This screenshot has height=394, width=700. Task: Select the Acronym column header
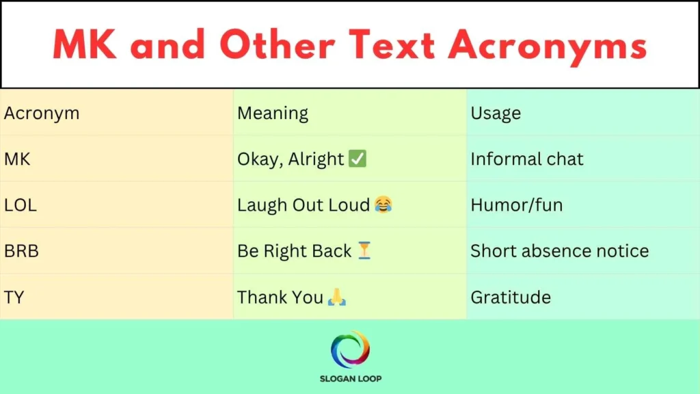coord(42,114)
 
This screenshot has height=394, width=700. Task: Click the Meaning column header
coord(273,114)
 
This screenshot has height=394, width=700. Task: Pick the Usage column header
coord(496,114)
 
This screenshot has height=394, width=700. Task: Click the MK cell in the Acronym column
coord(17,159)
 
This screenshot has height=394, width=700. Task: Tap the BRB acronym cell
coord(21,250)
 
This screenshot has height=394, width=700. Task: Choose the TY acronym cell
coord(14,297)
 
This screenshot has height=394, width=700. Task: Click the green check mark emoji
coord(358,159)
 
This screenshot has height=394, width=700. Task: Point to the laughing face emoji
coord(383,205)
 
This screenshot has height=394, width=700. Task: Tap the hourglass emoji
coord(364,251)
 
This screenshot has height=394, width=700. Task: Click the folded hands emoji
coord(336,298)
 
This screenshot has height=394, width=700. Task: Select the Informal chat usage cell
coord(527,159)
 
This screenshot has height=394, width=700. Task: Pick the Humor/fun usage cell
coord(516,205)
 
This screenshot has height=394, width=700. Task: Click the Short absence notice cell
coord(559,250)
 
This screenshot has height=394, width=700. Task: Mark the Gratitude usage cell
coord(511,297)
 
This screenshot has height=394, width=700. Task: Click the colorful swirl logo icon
coord(350,350)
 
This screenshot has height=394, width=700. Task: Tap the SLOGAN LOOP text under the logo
coord(350,378)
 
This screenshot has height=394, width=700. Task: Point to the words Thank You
coord(280,297)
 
